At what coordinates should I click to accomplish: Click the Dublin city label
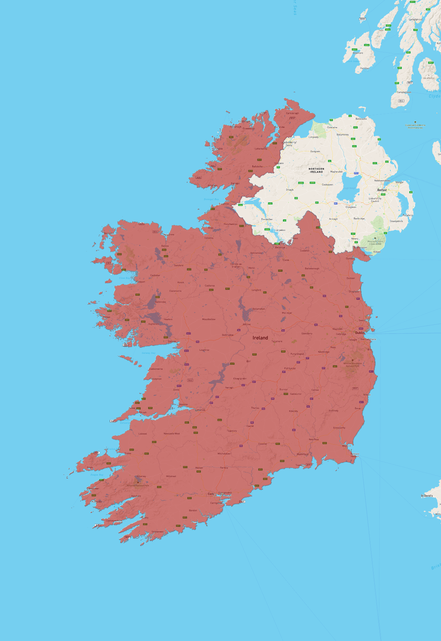[x=360, y=333]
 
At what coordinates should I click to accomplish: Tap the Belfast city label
[x=382, y=190]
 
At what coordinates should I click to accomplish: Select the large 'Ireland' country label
[x=260, y=338]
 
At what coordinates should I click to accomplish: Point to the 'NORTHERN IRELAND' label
[x=317, y=170]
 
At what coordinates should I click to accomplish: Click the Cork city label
[x=211, y=494]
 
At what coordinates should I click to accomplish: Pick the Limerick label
[x=200, y=410]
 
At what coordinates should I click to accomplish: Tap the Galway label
[x=172, y=341]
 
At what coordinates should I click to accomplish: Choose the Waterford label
[x=302, y=454]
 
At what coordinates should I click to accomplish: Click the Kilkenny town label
[x=293, y=411]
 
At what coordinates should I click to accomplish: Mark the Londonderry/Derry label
[x=289, y=144]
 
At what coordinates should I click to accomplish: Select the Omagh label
[x=290, y=190]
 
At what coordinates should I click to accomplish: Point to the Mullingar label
[x=287, y=313]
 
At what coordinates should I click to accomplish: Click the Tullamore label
[x=277, y=341]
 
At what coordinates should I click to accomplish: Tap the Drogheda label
[x=354, y=291]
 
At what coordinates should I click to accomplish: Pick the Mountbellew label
[x=209, y=319]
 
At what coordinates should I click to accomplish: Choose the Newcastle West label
[x=172, y=433]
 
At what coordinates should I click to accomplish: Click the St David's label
[x=427, y=496]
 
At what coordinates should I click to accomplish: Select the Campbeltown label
[x=404, y=92]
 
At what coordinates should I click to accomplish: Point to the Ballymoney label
[x=342, y=135]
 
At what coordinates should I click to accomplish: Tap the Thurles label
[x=255, y=408]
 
